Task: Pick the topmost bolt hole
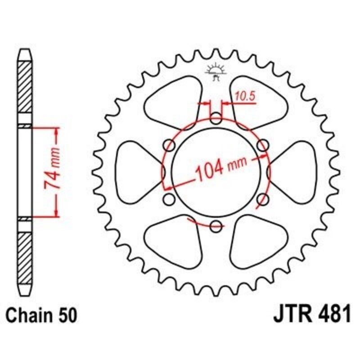(216, 120)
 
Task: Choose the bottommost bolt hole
(216, 225)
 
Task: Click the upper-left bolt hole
(170, 145)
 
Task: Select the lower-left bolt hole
(170, 199)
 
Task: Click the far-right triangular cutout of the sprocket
(295, 172)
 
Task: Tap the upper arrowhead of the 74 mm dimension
(57, 131)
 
